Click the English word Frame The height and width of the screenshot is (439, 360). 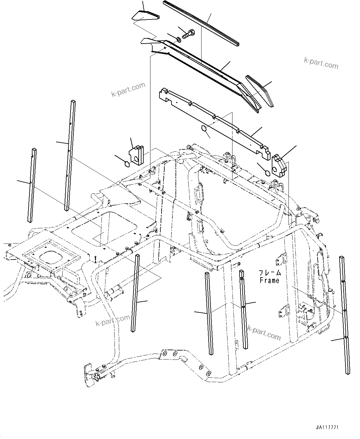pos(269,280)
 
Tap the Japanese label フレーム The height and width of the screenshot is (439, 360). pos(270,273)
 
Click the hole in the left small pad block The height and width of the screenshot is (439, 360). pos(136,159)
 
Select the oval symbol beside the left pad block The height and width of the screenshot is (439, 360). pos(127,164)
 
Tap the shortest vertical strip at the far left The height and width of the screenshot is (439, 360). pos(32,185)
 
